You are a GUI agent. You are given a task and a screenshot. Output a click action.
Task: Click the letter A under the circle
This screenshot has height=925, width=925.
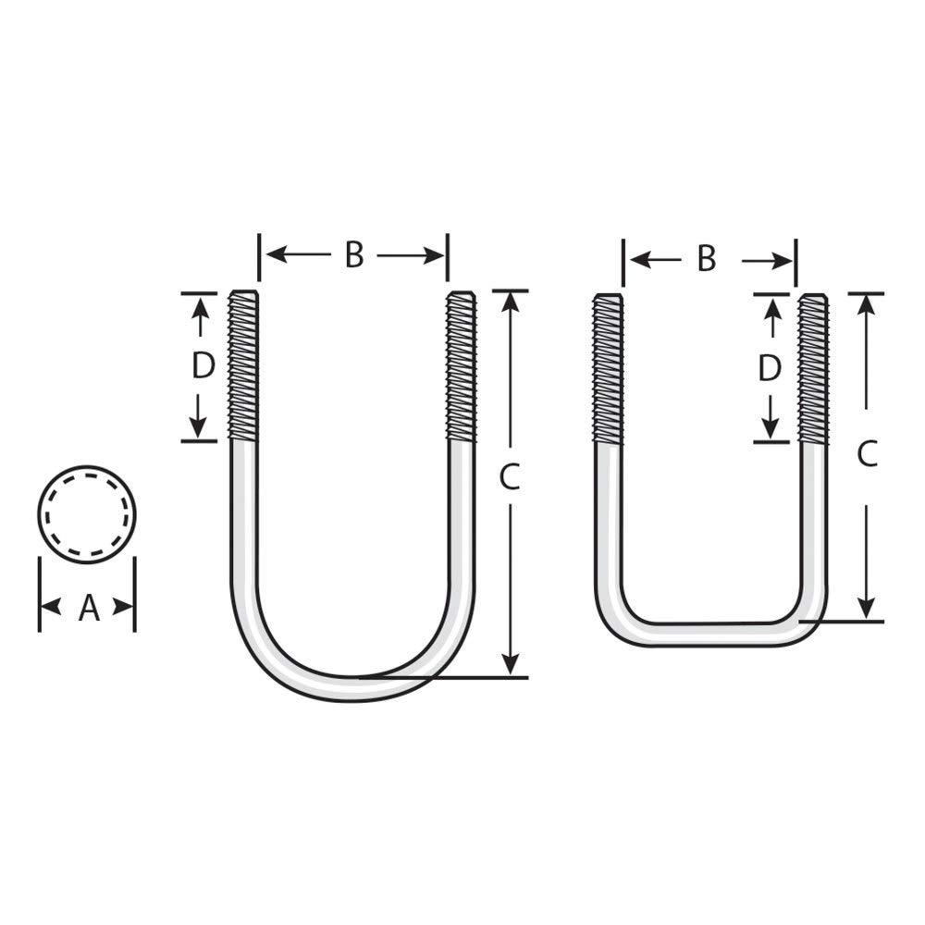point(89,608)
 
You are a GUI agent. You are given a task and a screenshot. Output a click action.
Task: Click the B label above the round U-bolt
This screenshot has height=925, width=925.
point(354,255)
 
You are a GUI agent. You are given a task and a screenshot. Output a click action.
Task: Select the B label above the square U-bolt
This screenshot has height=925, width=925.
point(707,258)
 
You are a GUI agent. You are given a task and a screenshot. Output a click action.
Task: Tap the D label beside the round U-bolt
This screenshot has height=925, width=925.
point(203,365)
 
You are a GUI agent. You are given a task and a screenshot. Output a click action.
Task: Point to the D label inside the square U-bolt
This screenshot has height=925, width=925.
point(770,368)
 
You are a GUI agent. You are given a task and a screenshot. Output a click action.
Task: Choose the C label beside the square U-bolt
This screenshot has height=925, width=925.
point(868,454)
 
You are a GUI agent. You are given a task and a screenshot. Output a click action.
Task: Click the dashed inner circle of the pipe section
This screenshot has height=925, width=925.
point(87,515)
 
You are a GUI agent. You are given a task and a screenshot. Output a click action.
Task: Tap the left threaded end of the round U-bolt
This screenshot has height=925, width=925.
point(243,365)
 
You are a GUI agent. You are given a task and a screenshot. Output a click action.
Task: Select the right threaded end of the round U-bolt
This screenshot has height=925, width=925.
point(462,365)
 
